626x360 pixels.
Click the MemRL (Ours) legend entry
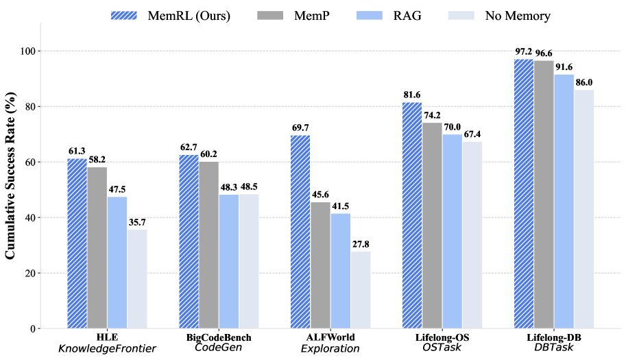pos(170,15)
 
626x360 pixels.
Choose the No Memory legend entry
pos(498,15)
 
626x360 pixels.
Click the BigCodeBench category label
pos(219,338)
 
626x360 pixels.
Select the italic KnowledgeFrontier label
pos(107,349)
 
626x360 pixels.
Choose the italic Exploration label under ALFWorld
pos(330,349)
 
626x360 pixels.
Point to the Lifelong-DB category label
pos(554,338)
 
